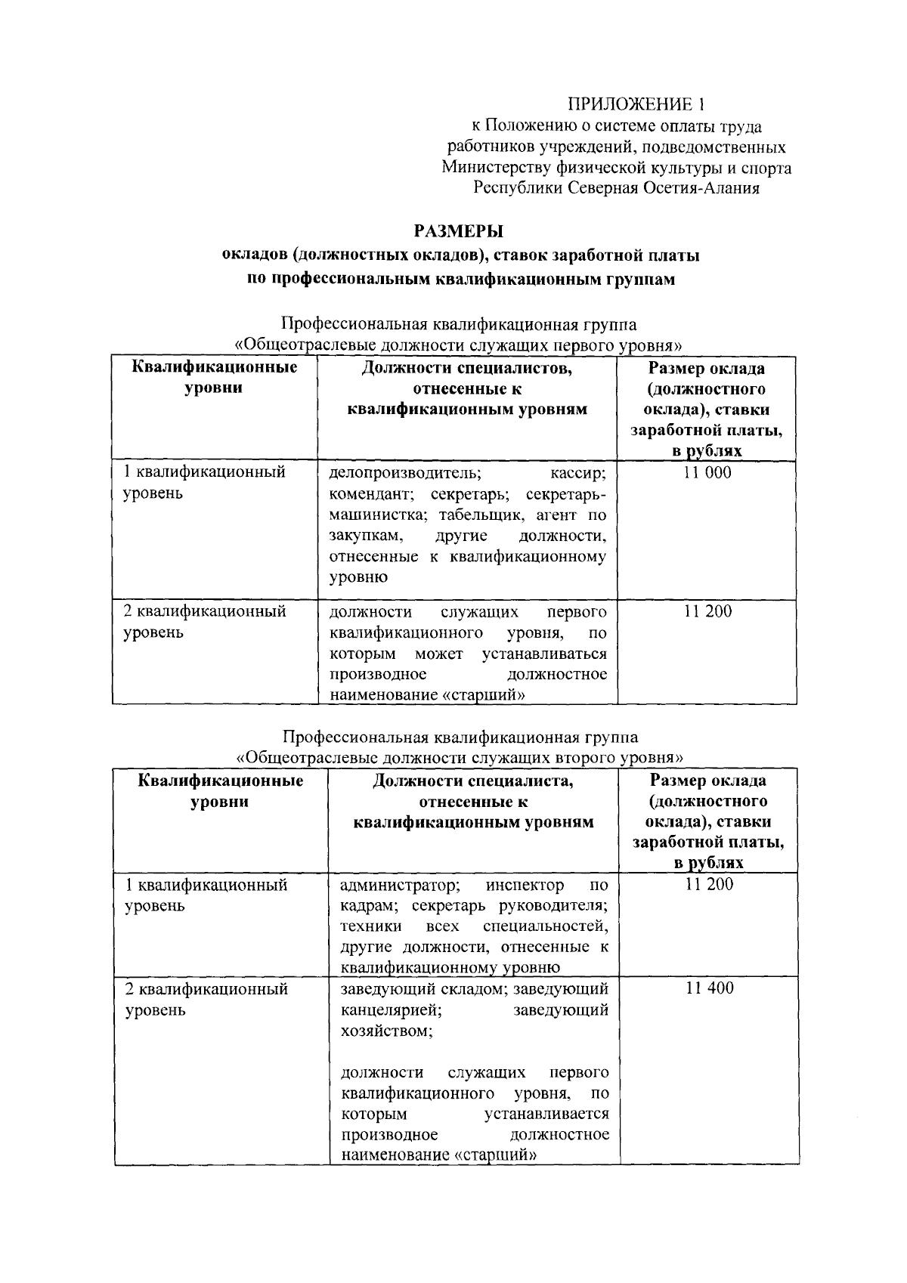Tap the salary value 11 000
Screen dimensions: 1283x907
point(707,473)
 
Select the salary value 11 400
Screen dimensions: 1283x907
point(709,988)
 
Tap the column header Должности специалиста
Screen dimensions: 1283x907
point(473,781)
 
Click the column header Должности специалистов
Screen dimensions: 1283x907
point(466,369)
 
